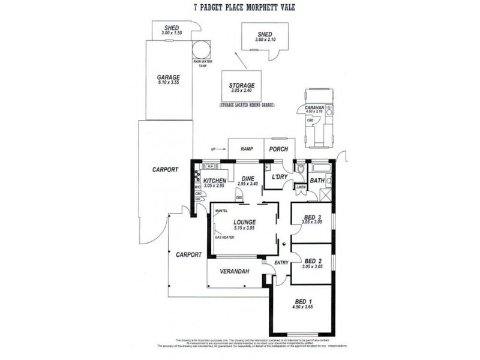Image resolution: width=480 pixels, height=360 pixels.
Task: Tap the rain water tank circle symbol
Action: click(201, 49)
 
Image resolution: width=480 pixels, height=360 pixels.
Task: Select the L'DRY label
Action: click(280, 177)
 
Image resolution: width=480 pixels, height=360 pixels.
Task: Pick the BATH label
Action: click(317, 179)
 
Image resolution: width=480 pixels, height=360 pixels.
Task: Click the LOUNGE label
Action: click(245, 221)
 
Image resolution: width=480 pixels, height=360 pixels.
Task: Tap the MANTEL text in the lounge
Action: click(220, 211)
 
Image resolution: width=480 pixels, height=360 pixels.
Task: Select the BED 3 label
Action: click(313, 217)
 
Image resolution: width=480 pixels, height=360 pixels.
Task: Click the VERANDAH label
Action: click(235, 271)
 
